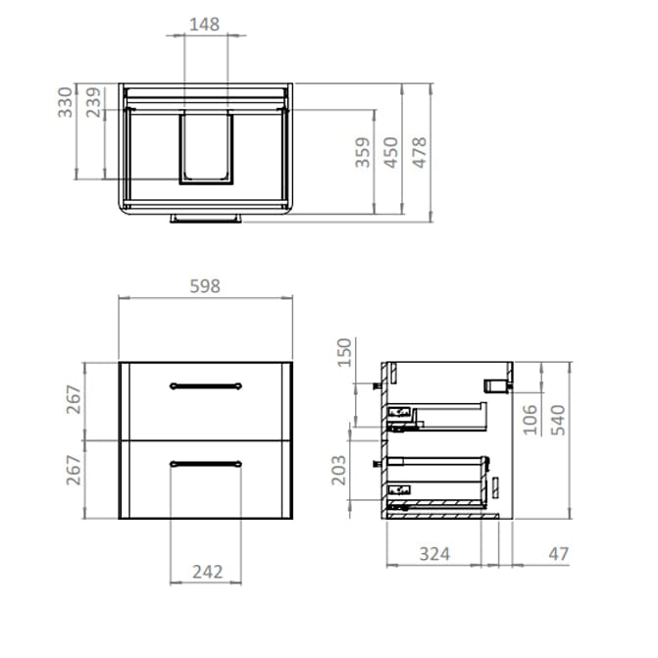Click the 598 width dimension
pyautogui.click(x=204, y=286)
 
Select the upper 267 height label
pyautogui.click(x=73, y=400)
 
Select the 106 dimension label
pyautogui.click(x=530, y=418)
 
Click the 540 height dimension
pyautogui.click(x=557, y=418)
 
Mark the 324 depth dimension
pyautogui.click(x=434, y=554)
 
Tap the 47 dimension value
pyautogui.click(x=558, y=554)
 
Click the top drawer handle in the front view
pyautogui.click(x=205, y=384)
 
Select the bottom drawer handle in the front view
pyautogui.click(x=205, y=463)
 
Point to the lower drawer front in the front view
pyautogui.click(x=205, y=490)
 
